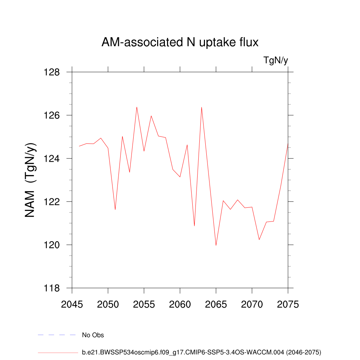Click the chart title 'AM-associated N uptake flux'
[180, 43]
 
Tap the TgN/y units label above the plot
[276, 60]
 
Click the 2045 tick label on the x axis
[72, 304]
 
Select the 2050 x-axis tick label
[108, 304]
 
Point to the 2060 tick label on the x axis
[180, 304]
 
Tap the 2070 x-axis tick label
[252, 304]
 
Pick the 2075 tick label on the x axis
[288, 304]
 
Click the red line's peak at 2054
[137, 107]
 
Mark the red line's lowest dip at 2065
[216, 245]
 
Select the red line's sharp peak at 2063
[201, 107]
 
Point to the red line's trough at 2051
[115, 210]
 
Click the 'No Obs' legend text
[93, 335]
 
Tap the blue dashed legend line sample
[57, 335]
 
